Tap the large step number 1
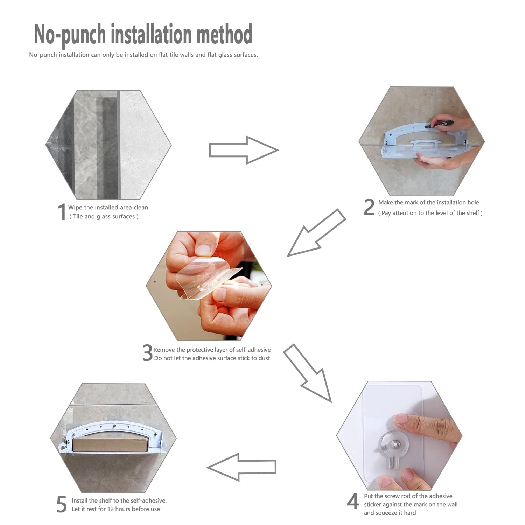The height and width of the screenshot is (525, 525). pos(62,212)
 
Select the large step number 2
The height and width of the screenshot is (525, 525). pos(369,207)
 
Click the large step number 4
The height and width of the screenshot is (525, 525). pos(353,501)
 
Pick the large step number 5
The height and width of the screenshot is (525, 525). pos(62,504)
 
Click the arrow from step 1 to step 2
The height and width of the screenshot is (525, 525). pos(244,150)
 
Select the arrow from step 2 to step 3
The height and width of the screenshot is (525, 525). pos(316,233)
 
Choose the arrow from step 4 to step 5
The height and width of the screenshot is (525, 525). pos(241,467)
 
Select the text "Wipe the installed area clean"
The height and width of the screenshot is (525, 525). pos(108,208)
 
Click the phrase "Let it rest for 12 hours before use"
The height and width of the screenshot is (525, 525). pos(116,509)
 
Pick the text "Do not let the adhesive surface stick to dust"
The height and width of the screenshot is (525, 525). pos(212,358)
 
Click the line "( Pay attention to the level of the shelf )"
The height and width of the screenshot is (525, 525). pos(430,213)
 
